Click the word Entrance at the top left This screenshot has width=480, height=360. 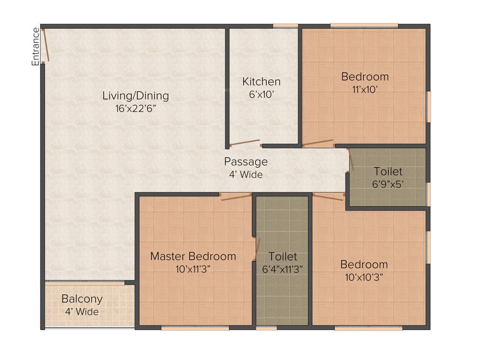pos(36,46)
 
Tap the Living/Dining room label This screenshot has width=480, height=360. pos(135,96)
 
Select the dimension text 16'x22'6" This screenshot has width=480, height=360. pos(135,108)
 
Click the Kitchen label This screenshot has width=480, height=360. pos(261,82)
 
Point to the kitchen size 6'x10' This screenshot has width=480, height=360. pos(261,94)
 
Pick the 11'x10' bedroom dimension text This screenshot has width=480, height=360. pos(365,89)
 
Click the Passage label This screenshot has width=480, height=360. pos(246,162)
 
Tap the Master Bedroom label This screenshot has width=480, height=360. pos(193,256)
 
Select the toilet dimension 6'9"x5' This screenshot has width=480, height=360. pos(388,184)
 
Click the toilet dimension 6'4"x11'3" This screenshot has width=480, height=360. pos(283,269)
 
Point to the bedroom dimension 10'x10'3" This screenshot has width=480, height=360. pos(364,277)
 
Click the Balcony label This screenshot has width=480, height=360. pos(82,299)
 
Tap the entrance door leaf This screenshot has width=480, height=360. pos(45,45)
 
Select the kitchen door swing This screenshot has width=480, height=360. pos(244,142)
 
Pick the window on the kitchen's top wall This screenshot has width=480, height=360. pos(285,25)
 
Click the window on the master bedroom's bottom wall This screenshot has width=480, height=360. pos(195,328)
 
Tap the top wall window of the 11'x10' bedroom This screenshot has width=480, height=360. pos(364,25)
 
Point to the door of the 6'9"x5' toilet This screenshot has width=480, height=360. pos(351,160)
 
